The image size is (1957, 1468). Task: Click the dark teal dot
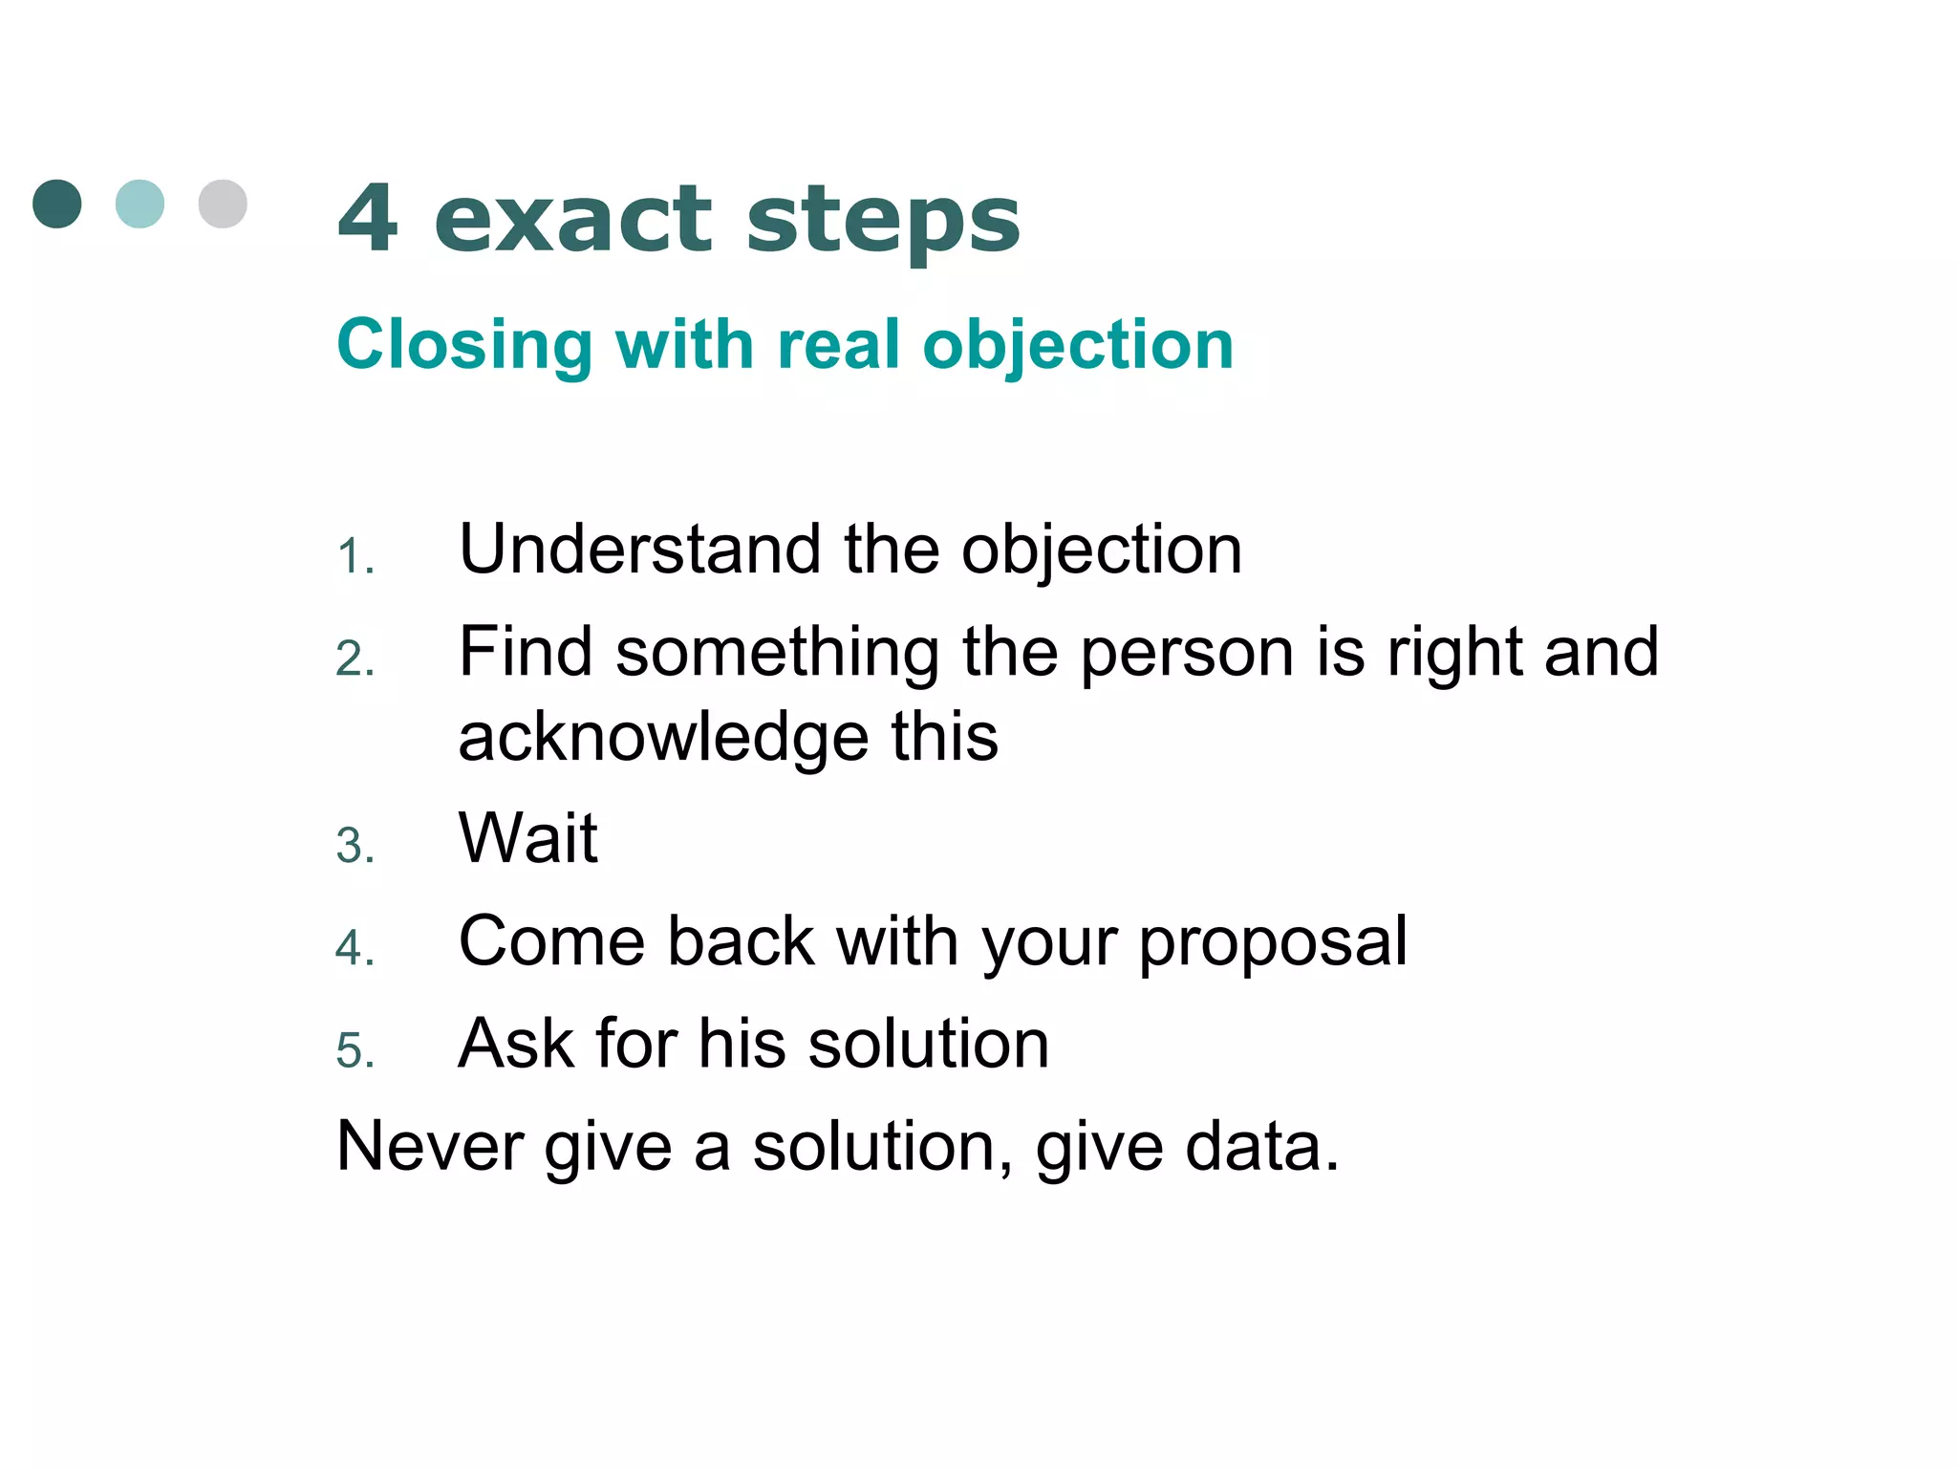[57, 204]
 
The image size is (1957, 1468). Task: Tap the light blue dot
[140, 204]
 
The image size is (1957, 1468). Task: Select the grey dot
[223, 204]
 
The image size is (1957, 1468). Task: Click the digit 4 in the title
[368, 219]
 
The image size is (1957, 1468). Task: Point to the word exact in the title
[573, 221]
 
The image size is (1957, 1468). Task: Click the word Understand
[639, 550]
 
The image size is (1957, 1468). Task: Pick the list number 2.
[353, 659]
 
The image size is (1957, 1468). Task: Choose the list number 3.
[353, 847]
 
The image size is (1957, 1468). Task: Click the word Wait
[528, 838]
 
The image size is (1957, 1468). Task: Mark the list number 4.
[353, 949]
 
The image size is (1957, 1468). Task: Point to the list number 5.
[353, 1051]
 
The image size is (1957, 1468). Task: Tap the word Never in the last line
[429, 1146]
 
